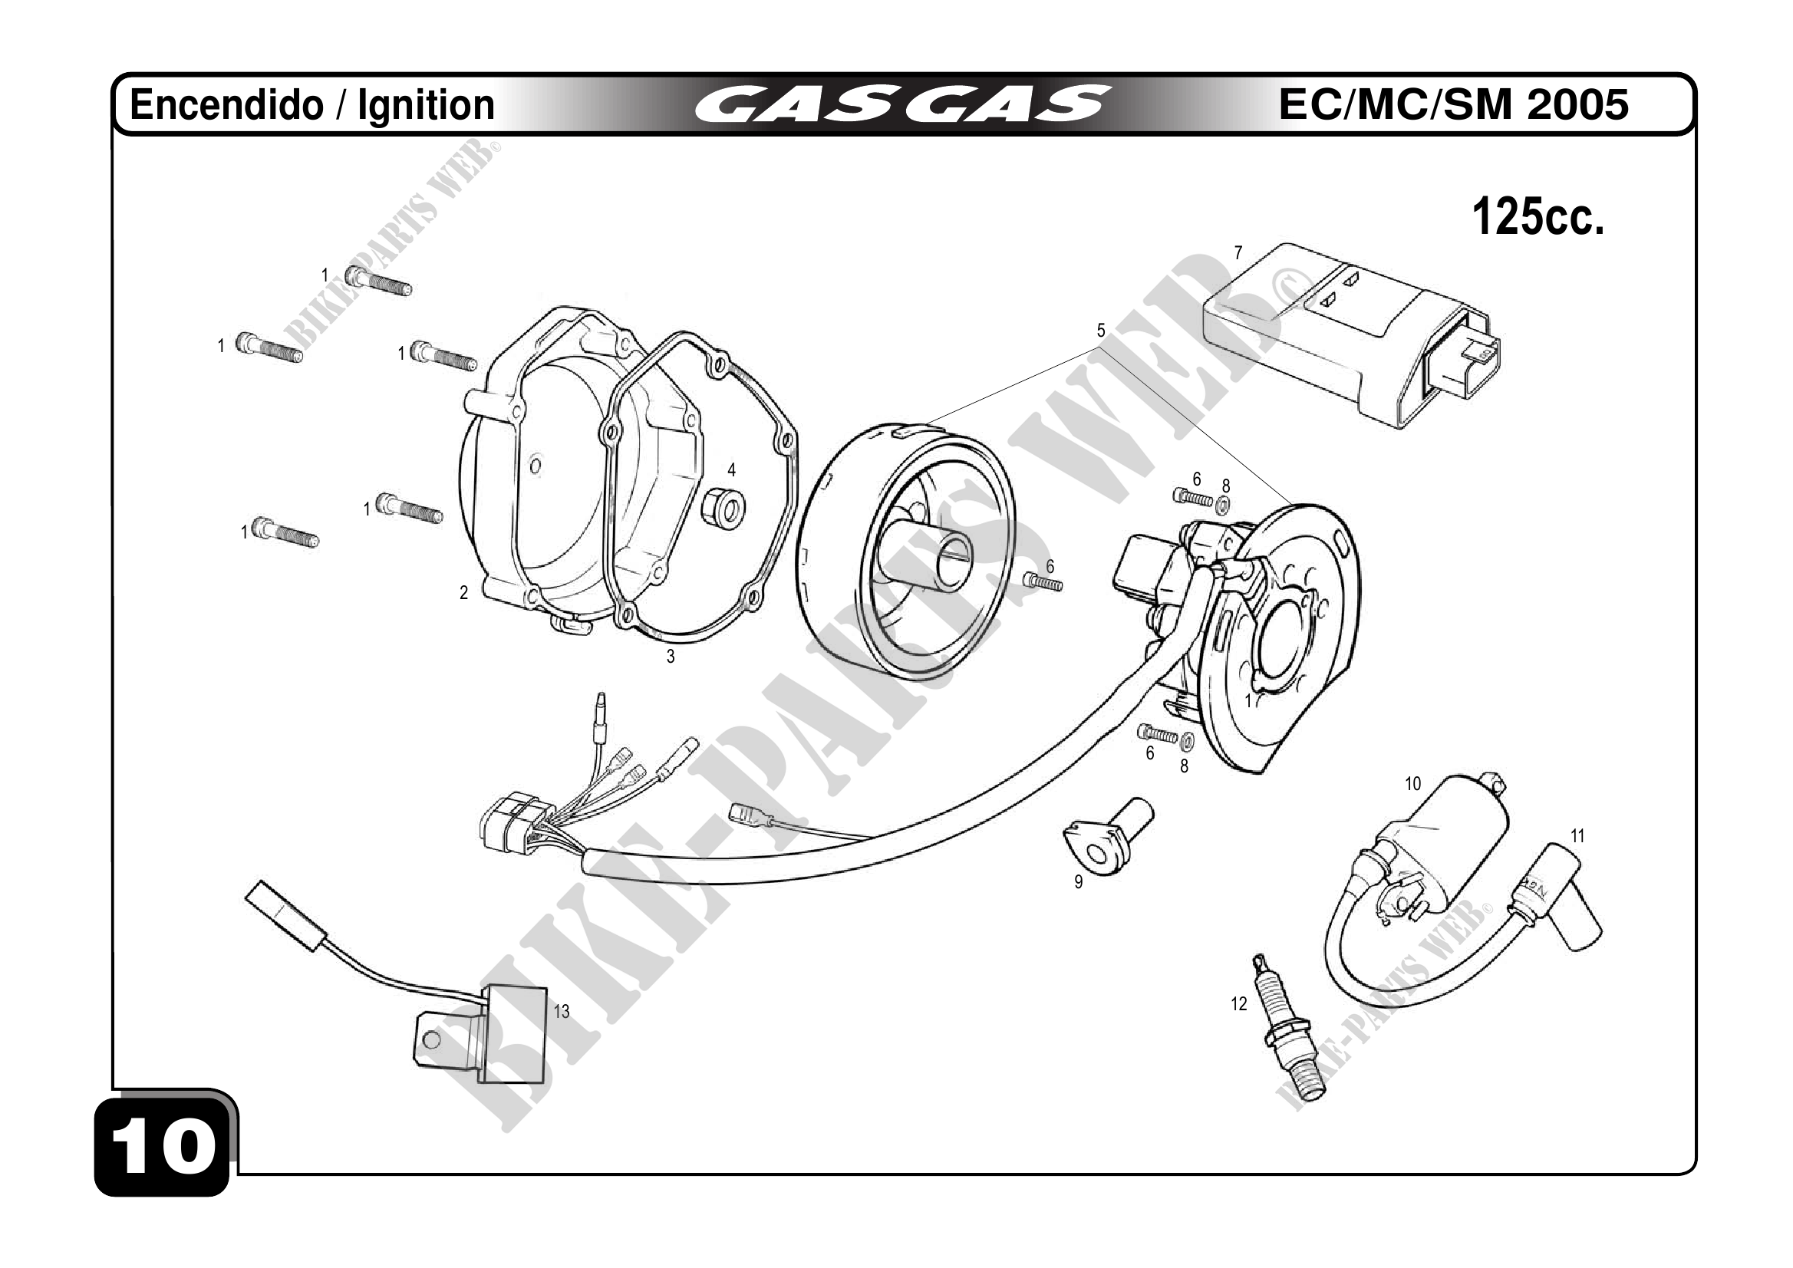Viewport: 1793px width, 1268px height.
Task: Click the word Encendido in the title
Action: point(226,105)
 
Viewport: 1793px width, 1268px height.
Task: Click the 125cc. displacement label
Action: point(1537,217)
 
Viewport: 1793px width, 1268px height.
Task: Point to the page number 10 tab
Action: point(163,1148)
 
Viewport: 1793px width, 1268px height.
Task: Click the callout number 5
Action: point(1101,331)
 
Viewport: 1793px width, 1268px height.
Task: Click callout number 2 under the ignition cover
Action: point(463,594)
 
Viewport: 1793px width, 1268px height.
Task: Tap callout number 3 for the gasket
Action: point(670,657)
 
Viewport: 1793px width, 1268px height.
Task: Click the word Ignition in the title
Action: point(426,105)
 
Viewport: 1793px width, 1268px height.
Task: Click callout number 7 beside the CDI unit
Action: point(1238,253)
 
